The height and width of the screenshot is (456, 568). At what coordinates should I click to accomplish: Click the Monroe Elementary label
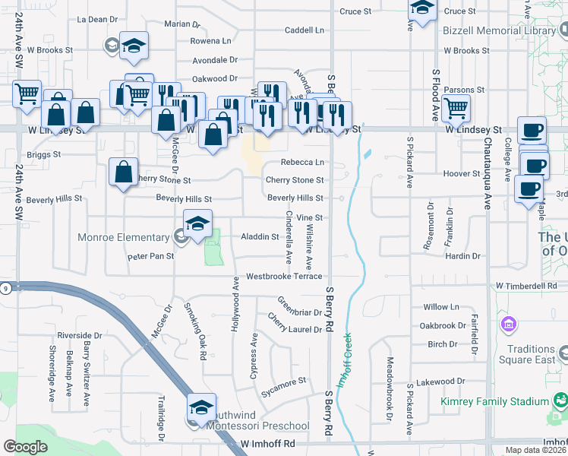point(123,237)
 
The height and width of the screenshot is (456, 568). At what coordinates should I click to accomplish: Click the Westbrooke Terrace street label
point(283,277)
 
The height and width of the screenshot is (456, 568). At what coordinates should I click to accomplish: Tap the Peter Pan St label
point(150,257)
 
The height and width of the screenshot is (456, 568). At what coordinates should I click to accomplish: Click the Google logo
point(25,446)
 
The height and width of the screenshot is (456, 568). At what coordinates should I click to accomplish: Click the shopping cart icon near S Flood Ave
point(456,108)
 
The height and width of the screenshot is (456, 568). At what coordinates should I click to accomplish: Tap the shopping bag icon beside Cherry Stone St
point(123,171)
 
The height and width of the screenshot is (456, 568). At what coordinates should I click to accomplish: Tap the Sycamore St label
point(283,380)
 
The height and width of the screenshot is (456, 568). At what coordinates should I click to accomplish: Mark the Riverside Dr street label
point(79,335)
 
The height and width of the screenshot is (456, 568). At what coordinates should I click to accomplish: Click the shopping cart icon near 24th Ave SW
point(27,93)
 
